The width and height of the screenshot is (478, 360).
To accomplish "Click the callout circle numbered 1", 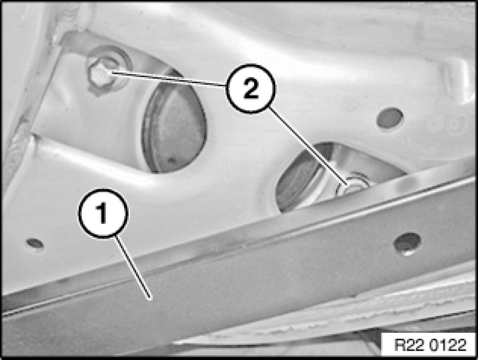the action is point(103,213).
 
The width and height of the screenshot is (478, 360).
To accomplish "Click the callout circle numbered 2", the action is point(251,88).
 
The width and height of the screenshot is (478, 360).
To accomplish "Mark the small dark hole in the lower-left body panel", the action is point(35,243).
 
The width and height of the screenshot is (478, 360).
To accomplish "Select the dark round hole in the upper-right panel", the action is point(390,117).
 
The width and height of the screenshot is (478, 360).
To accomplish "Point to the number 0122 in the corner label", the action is point(448,345).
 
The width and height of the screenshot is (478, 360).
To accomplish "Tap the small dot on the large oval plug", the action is point(172,160).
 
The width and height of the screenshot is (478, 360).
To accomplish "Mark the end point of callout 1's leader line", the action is point(151,299).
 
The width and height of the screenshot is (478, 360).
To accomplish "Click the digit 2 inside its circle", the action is point(251,88).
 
